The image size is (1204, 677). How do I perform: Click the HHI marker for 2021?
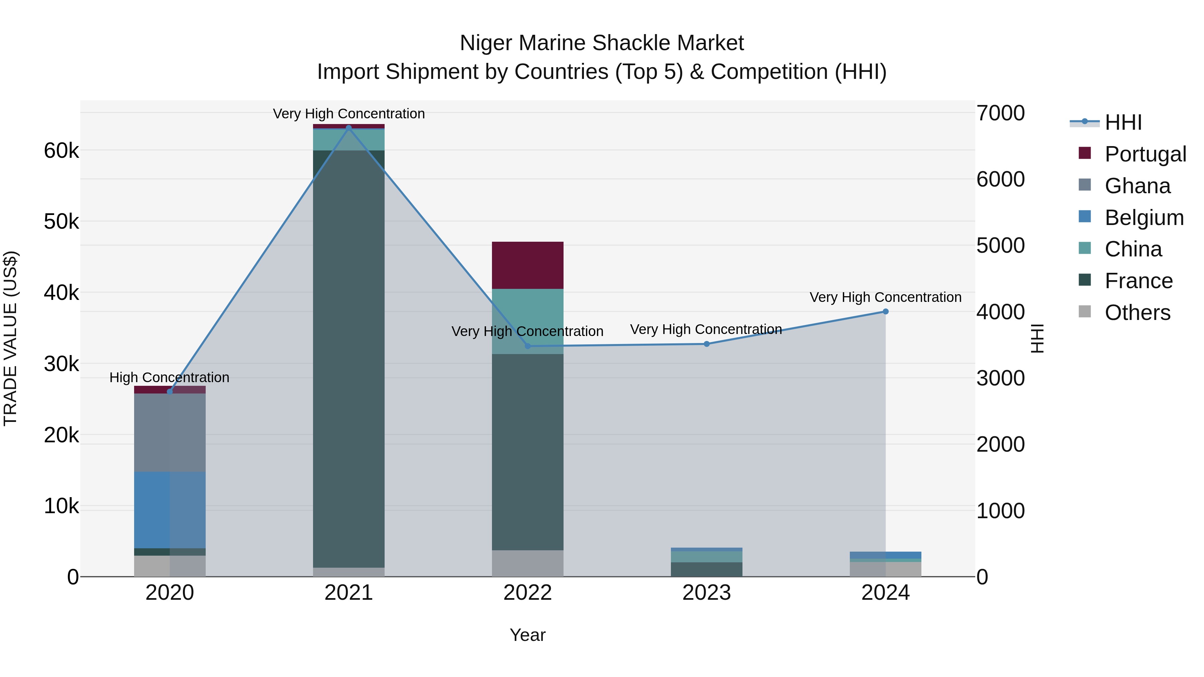click(x=349, y=128)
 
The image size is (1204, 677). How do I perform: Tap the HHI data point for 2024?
click(x=885, y=312)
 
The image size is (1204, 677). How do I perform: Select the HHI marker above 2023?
click(x=707, y=344)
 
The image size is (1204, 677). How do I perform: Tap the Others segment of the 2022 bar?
click(x=528, y=563)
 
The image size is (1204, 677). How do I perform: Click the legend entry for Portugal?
click(x=1145, y=154)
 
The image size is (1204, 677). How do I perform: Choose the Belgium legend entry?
click(x=1144, y=218)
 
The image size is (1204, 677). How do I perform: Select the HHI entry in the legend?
click(x=1123, y=122)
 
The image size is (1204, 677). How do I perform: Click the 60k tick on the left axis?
click(x=61, y=151)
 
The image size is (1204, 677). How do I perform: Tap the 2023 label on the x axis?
click(x=707, y=593)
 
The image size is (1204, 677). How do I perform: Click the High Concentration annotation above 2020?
click(x=169, y=377)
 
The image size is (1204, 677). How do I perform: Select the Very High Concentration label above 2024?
click(x=885, y=297)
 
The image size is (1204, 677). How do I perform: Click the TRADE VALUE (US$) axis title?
click(x=10, y=338)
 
